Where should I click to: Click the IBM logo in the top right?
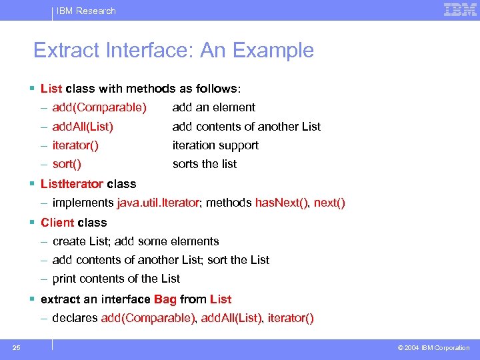pyautogui.click(x=460, y=10)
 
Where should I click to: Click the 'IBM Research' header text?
pyautogui.click(x=86, y=11)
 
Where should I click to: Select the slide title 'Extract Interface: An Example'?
pyautogui.click(x=173, y=51)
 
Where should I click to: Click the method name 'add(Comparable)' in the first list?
pyautogui.click(x=99, y=107)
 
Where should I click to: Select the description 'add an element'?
pyautogui.click(x=213, y=107)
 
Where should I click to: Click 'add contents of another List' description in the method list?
pyautogui.click(x=246, y=126)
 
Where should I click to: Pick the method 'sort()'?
pyautogui.click(x=67, y=164)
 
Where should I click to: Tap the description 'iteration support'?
pyautogui.click(x=215, y=145)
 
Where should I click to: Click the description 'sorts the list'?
pyautogui.click(x=204, y=164)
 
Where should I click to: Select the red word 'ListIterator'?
pyautogui.click(x=72, y=184)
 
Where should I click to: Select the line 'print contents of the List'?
pyautogui.click(x=116, y=279)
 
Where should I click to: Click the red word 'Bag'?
pyautogui.click(x=165, y=299)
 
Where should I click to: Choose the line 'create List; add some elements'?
pyautogui.click(x=135, y=241)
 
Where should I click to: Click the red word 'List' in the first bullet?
pyautogui.click(x=51, y=89)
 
